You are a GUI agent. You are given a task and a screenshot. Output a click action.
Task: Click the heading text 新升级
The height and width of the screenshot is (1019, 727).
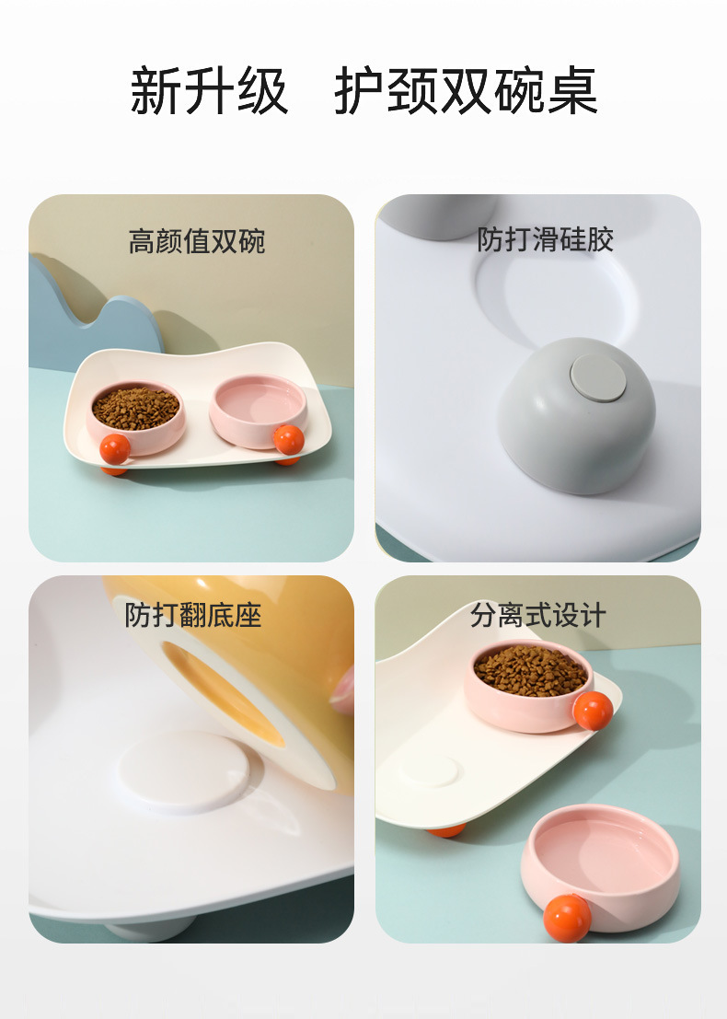[x=209, y=90]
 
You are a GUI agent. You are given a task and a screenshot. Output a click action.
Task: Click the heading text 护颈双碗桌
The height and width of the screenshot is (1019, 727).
[x=466, y=90]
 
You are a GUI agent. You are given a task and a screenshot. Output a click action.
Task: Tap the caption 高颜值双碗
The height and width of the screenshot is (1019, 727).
[x=197, y=241]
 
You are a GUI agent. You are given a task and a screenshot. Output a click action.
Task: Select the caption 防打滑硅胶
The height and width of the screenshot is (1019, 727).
[x=545, y=239]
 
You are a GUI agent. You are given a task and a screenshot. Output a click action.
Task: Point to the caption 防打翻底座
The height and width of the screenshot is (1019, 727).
[x=193, y=615]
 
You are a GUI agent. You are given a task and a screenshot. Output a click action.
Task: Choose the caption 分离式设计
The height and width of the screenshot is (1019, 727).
[x=538, y=615]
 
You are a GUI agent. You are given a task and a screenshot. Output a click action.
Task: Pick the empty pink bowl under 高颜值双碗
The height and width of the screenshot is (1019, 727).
[x=258, y=411]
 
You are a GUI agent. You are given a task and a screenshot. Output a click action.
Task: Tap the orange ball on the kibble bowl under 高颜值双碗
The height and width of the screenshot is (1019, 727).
[x=115, y=449]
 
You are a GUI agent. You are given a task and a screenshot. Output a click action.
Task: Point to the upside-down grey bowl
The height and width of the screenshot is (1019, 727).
[x=576, y=416]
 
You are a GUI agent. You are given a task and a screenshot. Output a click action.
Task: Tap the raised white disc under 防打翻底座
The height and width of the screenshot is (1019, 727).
[x=183, y=772]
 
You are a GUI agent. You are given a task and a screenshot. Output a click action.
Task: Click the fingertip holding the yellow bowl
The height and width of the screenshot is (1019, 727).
[x=342, y=690]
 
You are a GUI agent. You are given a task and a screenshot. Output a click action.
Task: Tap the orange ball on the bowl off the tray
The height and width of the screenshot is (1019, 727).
[x=567, y=919]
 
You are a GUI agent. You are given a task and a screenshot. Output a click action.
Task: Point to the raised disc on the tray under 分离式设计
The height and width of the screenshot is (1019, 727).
[x=430, y=770]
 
